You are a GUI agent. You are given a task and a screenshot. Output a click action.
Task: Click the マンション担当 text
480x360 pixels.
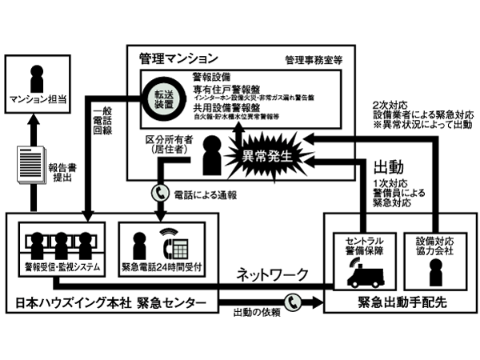(37, 101)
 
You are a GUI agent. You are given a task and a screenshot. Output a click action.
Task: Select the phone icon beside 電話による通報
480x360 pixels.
(157, 192)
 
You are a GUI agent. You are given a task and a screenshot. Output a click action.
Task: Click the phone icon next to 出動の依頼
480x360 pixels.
(294, 302)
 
